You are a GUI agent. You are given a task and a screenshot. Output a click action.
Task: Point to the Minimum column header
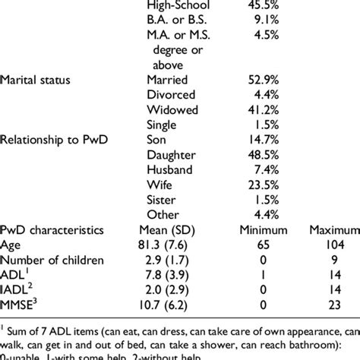tap(245, 228)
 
